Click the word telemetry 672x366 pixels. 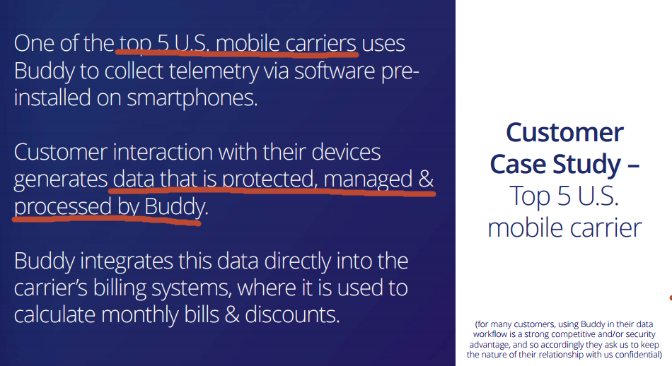(214, 71)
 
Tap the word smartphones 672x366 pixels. (192, 98)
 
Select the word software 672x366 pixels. (335, 70)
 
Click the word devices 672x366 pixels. (346, 152)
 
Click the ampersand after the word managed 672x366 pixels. (426, 179)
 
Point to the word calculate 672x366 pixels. (54, 314)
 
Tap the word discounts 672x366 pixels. (292, 314)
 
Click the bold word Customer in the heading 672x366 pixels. (564, 132)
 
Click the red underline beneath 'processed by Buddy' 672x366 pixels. (107, 220)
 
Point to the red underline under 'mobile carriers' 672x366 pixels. (236, 53)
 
